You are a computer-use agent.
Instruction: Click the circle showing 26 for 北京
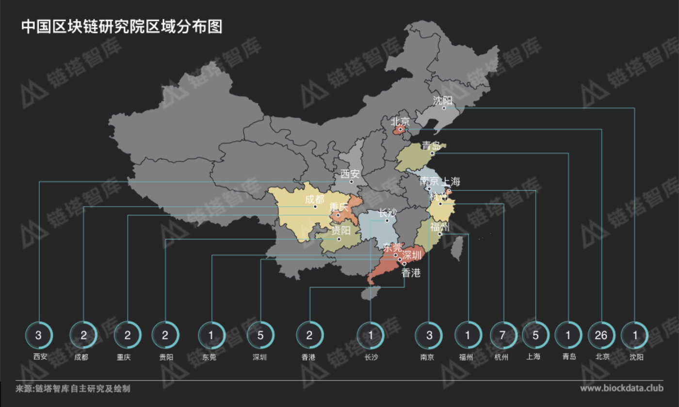point(601,335)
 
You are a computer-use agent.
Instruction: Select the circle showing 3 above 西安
point(39,335)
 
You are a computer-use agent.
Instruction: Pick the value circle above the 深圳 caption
point(260,335)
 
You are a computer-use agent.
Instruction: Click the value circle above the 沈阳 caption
point(634,335)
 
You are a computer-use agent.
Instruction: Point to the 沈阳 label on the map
point(442,101)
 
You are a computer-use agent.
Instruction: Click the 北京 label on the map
point(400,121)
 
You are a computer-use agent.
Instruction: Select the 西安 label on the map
point(350,174)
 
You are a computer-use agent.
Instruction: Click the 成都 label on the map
point(314,199)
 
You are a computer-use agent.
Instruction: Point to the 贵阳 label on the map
point(340,230)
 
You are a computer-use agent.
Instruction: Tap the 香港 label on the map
point(411,273)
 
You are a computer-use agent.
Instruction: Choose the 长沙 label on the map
point(387,213)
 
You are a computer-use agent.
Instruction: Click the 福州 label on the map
point(439,227)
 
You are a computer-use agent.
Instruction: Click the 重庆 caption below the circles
point(127,358)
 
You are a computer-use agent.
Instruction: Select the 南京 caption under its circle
point(429,358)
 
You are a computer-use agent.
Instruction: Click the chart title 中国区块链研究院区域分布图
point(122,27)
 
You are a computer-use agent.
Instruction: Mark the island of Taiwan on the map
point(456,246)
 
